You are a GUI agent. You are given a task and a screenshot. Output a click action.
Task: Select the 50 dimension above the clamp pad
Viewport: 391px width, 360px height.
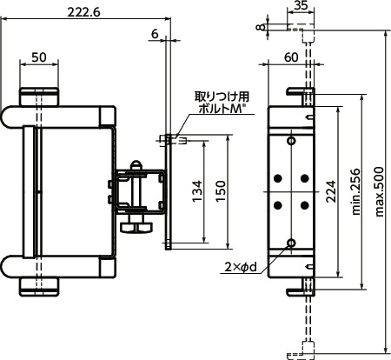pyautogui.click(x=39, y=56)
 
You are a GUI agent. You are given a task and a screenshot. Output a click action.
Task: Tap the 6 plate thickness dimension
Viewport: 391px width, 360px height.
pyautogui.click(x=155, y=34)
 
